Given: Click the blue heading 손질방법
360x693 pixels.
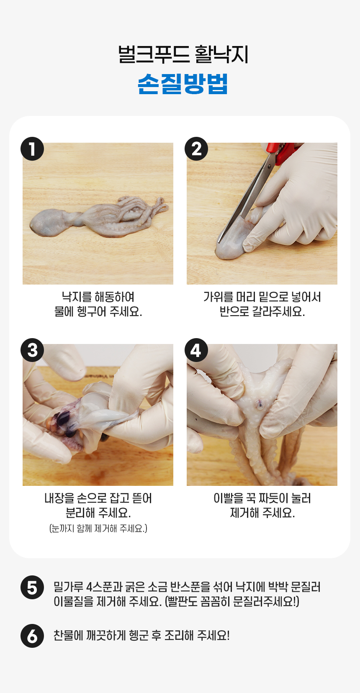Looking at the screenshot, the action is point(183,84).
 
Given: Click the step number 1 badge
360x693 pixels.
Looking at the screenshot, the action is point(32,149).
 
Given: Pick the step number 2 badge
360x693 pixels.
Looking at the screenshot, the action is point(196,149).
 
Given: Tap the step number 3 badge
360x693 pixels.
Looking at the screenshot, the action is point(32,350).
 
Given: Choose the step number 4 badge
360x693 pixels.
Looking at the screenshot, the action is point(196,350).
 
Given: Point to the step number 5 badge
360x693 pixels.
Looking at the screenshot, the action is point(32,588).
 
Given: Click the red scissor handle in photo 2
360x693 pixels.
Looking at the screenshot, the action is point(282,151).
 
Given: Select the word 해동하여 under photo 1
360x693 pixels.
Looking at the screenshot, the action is point(114,297).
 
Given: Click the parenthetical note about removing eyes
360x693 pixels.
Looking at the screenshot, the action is point(98,528).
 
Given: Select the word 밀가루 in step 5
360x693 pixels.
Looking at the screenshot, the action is point(68,587).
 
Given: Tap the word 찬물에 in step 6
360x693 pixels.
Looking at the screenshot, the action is point(68,635).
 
